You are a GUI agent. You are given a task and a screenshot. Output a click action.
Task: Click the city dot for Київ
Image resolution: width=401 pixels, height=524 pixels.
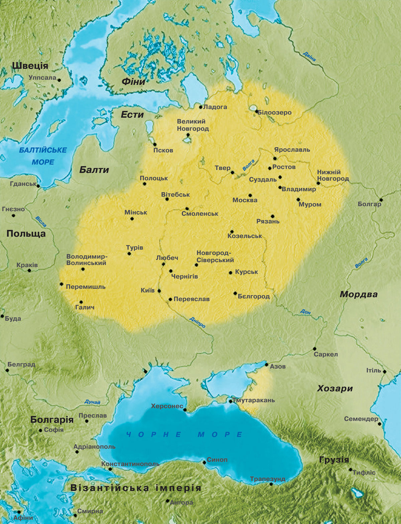pos(159,291)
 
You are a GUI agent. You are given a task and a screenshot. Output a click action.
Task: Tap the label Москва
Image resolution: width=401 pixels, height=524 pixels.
pos(245,200)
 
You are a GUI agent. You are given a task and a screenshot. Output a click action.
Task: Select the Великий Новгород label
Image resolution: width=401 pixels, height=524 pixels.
pos(192,125)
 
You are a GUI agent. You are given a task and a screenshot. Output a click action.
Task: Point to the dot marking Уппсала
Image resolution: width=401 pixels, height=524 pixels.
pos(59,80)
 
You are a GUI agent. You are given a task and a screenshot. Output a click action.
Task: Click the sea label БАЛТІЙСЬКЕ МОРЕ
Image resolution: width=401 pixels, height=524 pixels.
pos(43,156)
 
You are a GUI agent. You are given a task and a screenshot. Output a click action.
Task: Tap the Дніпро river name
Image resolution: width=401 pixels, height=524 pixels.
pos(197,322)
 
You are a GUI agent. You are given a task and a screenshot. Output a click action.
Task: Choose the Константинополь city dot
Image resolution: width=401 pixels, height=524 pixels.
pos(110,469)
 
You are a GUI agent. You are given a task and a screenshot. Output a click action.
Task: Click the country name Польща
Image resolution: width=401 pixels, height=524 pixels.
pos(26,233)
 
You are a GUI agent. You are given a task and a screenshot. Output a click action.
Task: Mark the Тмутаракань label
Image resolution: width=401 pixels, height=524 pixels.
pos(254,400)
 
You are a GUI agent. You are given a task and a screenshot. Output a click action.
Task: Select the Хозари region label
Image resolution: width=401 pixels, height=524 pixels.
pos(335,388)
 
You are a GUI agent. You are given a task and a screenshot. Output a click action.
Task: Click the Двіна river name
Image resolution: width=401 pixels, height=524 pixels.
pos(309,56)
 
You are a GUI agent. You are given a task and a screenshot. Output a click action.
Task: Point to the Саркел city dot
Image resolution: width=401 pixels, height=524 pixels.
pos(314,349)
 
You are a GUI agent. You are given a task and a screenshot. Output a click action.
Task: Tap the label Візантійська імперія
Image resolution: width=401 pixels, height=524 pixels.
pos(136,488)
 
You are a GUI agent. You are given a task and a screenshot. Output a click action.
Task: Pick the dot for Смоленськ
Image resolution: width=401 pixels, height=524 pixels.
pos(187,209)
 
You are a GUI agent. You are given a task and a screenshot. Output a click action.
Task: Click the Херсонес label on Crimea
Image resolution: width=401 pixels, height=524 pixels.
pos(167,406)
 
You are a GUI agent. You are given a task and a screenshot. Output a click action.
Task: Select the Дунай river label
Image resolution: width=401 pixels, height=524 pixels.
pos(92,402)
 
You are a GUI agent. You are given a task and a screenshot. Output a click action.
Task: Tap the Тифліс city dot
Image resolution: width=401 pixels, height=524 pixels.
pos(350,470)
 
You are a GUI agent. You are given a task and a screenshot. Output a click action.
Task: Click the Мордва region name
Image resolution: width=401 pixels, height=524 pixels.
pos(359,294)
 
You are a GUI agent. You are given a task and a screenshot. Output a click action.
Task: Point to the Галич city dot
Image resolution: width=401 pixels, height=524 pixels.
pos(81,302)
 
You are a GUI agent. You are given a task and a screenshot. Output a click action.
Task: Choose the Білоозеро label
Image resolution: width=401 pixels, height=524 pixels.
pos(275,113)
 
